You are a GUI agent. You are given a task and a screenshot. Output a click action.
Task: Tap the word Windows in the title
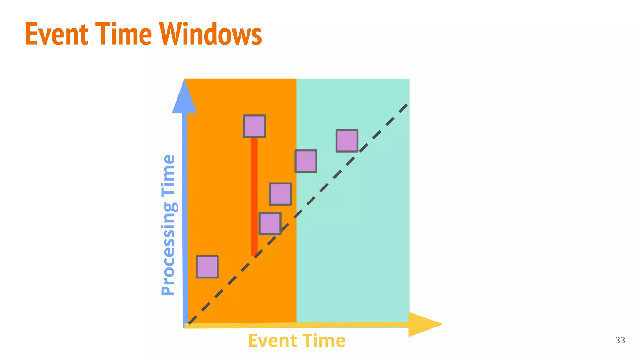point(211,34)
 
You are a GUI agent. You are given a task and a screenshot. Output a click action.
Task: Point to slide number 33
point(620,340)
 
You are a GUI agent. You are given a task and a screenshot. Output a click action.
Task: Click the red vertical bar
point(254,197)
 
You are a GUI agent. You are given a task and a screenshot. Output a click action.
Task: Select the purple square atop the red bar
point(254,126)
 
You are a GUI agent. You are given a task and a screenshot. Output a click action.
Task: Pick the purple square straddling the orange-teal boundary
point(306,161)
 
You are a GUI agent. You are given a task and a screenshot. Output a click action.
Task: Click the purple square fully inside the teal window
point(347,141)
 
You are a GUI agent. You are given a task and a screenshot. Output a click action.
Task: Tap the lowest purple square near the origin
point(207,267)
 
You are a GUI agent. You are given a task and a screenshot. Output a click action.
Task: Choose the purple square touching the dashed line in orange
point(270,223)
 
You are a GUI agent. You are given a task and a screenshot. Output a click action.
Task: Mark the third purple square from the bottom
point(280,194)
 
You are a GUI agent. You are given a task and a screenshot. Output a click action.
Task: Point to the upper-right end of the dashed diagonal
point(406,106)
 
